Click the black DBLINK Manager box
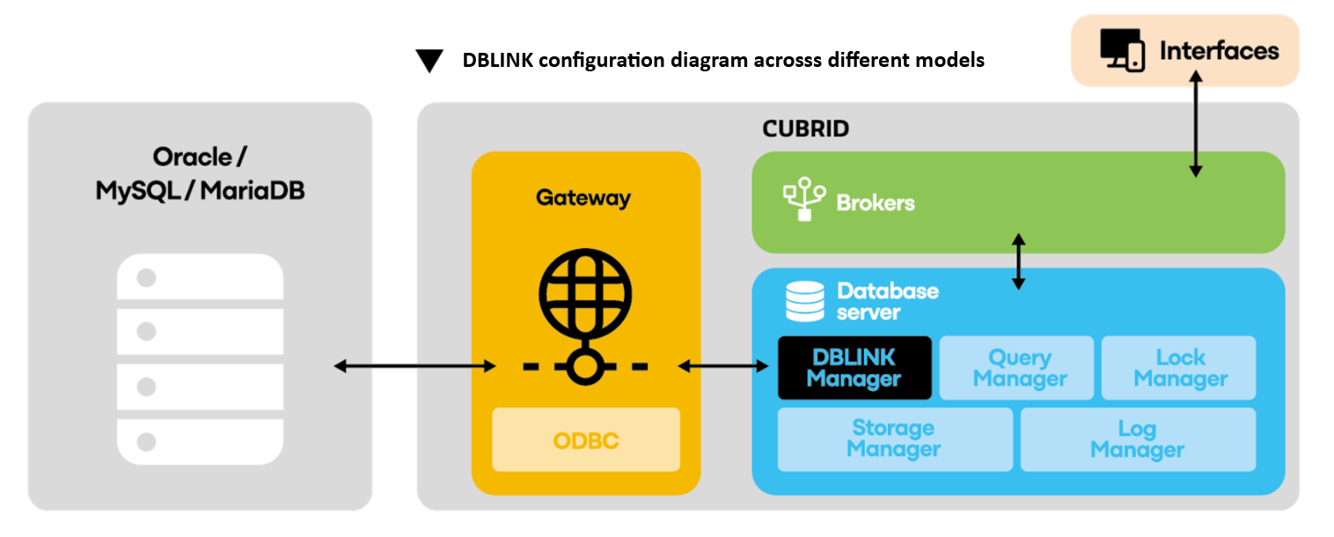854,368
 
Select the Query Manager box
1016,368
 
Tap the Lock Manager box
1179,368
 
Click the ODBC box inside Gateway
585,439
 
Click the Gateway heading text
583,198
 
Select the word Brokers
875,203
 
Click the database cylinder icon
804,301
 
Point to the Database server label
887,301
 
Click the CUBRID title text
805,129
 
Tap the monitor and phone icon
1122,50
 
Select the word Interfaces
1219,50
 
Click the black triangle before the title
429,61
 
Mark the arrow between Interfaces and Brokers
1195,123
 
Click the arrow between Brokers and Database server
1018,261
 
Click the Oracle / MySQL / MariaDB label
200,173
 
